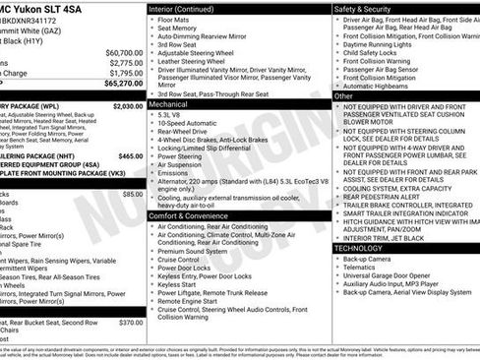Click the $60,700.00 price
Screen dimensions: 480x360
coord(124,52)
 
